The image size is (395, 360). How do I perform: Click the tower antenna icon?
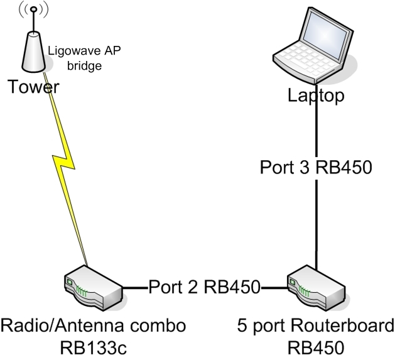33,50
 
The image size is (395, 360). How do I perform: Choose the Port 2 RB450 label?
203,287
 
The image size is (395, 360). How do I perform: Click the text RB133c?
94,346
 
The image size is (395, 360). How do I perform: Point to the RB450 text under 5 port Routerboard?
316,346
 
